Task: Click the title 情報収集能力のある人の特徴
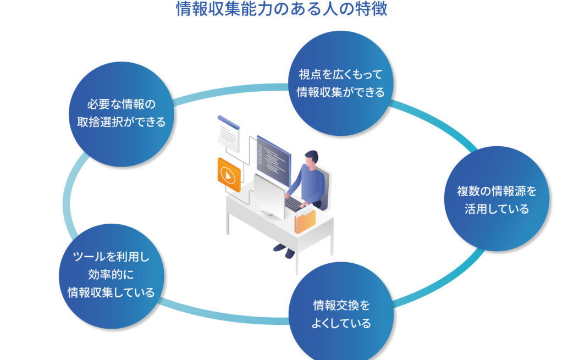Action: click(281, 9)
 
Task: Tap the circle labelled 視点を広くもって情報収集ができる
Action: click(341, 82)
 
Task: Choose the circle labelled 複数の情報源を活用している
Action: click(496, 199)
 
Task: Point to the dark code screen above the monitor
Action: click(273, 159)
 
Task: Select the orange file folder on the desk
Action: click(305, 220)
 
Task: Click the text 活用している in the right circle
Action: click(496, 209)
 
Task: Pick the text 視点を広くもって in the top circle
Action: click(341, 74)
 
